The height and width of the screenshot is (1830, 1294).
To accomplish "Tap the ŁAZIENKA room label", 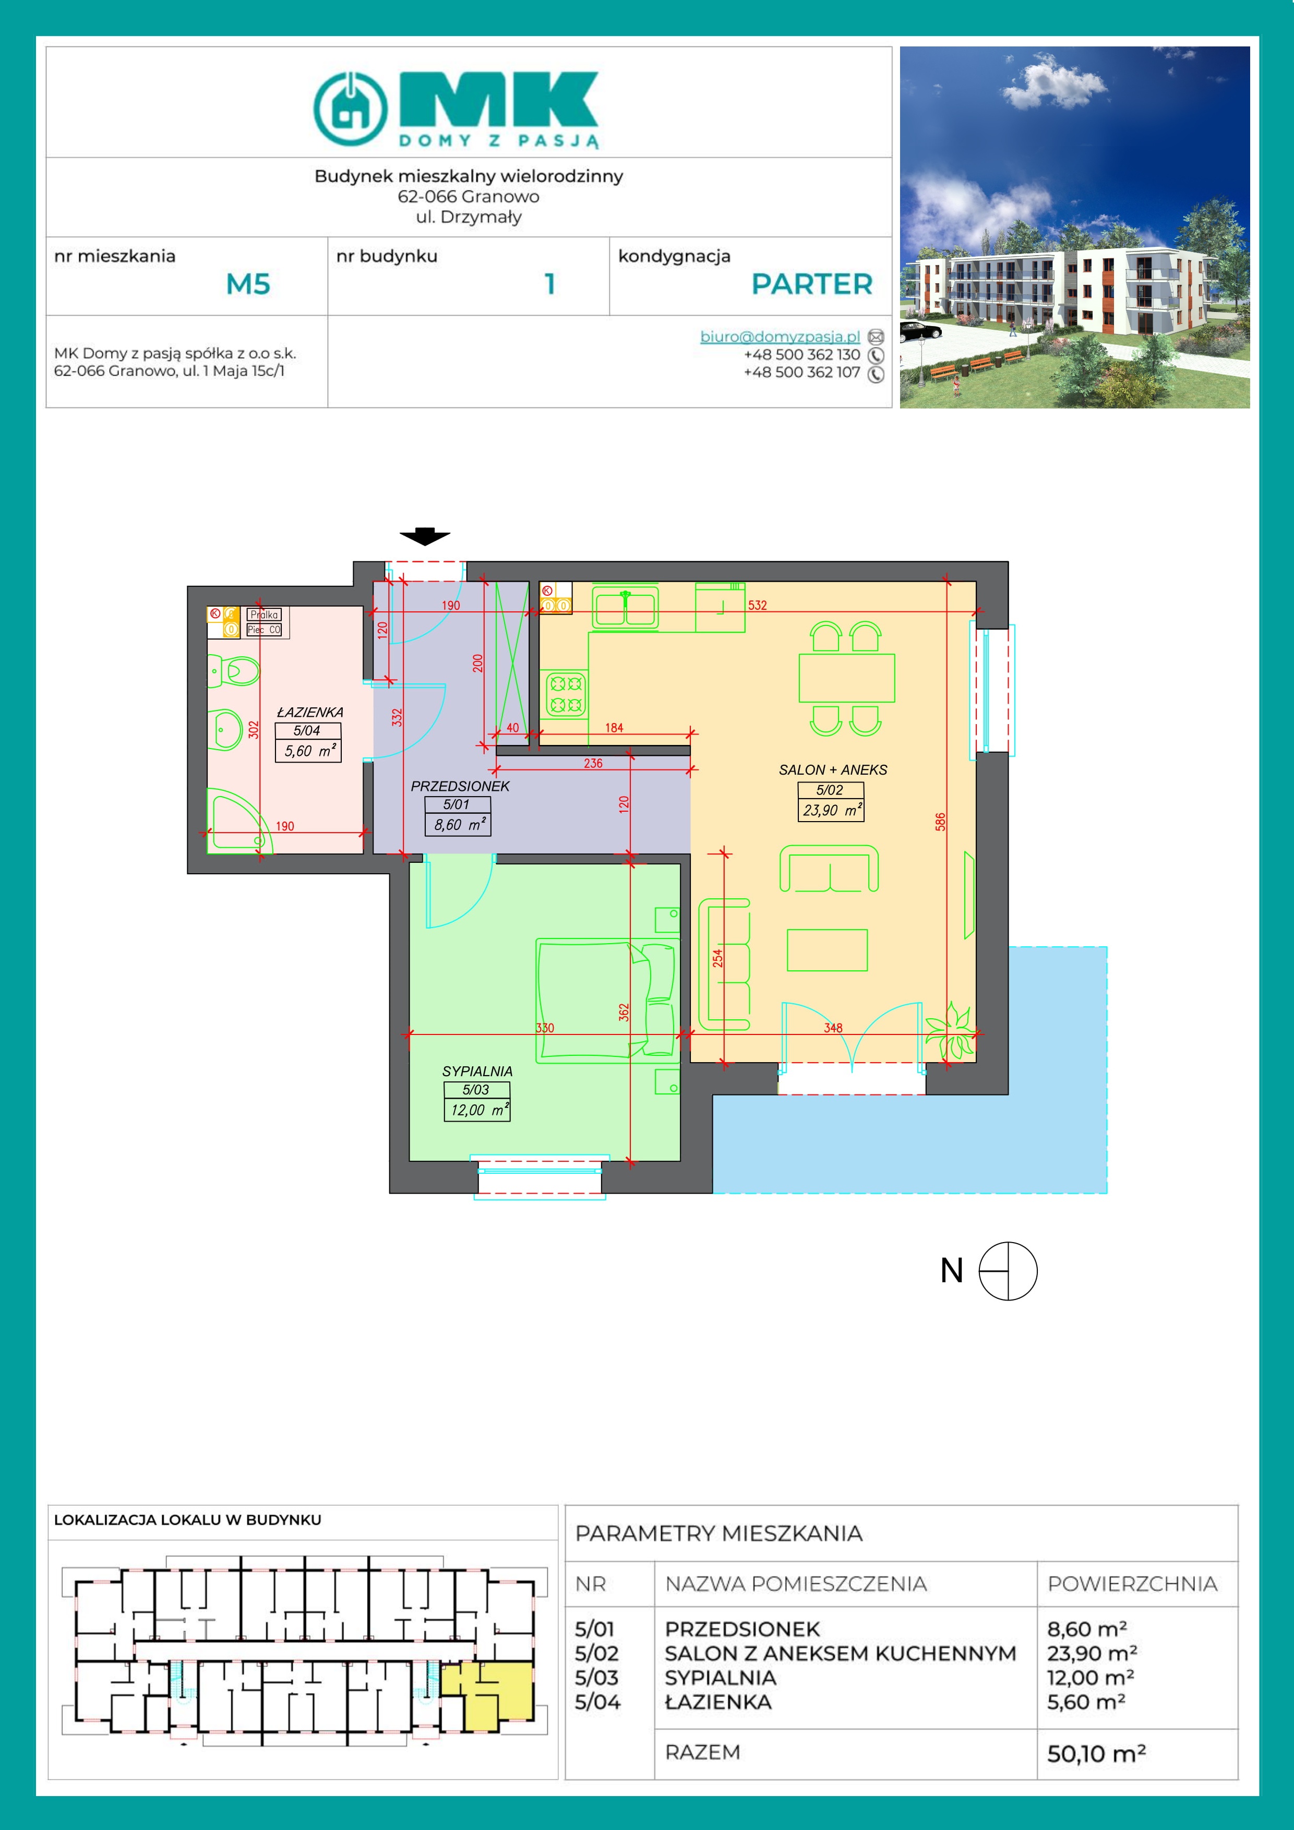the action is [x=310, y=712].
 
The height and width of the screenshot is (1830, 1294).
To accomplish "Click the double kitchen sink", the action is [x=625, y=608].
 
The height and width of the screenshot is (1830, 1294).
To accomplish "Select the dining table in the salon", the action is [x=847, y=678].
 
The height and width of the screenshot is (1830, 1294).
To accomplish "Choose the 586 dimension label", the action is [x=941, y=822].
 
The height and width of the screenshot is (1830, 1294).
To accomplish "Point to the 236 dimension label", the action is [x=593, y=763].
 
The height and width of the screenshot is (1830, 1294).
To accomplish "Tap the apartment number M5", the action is [x=248, y=284].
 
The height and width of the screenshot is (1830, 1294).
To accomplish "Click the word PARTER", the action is [x=812, y=284].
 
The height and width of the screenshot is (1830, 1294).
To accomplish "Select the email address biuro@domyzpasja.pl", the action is [x=780, y=336].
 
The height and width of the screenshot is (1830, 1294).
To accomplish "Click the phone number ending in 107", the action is [x=801, y=372].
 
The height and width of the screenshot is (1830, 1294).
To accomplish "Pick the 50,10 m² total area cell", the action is [x=1096, y=1753].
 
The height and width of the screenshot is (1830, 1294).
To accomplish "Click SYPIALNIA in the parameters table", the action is [x=721, y=1678].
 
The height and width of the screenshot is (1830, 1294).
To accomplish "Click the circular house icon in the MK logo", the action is [x=350, y=109].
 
